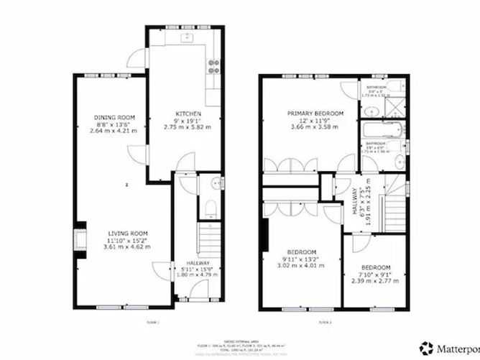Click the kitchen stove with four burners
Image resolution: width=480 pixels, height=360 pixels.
(213, 67)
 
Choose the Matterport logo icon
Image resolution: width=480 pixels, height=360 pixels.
(429, 348)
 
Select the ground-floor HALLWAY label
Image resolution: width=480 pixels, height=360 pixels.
(193, 264)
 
